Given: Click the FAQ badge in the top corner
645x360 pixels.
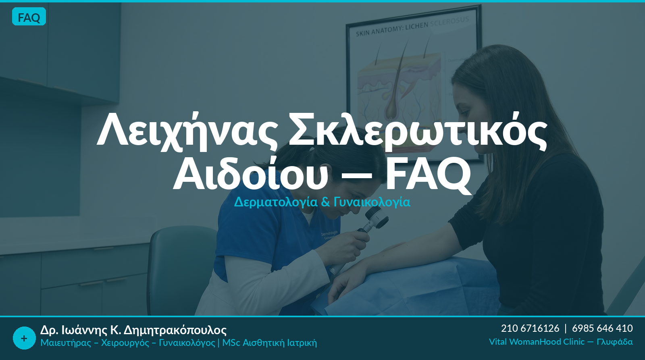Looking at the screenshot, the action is click(29, 17).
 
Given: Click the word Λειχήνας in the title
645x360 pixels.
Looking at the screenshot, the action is click(187, 131).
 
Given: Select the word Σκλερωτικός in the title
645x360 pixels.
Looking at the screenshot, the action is click(418, 131).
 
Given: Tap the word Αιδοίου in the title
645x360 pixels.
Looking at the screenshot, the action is click(250, 174).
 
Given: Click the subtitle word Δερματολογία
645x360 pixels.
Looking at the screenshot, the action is click(276, 202).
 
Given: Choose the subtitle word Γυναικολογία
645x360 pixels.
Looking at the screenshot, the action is click(372, 202).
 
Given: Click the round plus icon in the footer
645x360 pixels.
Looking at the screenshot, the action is click(24, 338).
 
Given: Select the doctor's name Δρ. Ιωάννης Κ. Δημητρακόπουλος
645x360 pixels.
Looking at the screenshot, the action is click(133, 330).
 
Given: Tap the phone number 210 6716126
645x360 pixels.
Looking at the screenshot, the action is click(530, 328).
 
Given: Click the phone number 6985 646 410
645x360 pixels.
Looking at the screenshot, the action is click(602, 328).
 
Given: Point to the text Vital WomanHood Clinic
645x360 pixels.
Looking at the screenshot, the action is click(537, 342).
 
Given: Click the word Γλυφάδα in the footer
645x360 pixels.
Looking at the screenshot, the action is click(615, 342).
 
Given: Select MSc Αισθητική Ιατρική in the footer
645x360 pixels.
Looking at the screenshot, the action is click(270, 343).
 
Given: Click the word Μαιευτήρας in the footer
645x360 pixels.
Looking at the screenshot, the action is click(66, 343).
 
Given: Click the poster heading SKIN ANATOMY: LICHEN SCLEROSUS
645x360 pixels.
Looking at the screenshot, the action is click(412, 27).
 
